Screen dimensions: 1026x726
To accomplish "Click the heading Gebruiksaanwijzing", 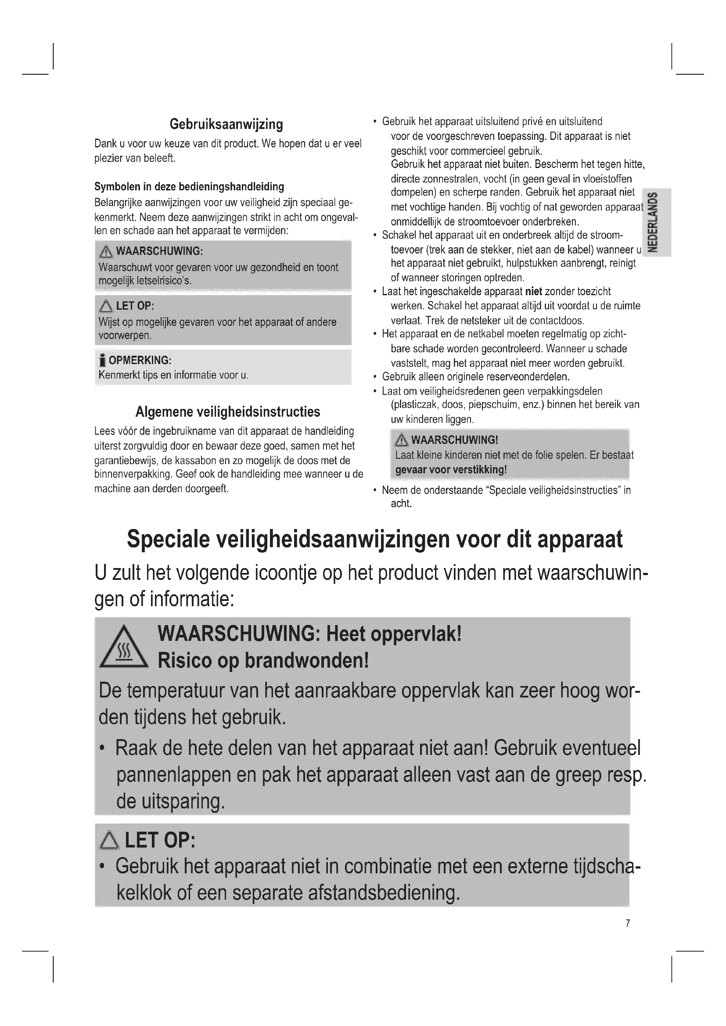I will click(x=226, y=124).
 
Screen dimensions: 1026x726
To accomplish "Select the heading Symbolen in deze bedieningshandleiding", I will click(x=189, y=186).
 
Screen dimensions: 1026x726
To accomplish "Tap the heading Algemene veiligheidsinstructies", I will click(x=227, y=411).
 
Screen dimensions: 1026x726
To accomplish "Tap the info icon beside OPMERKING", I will click(x=102, y=360).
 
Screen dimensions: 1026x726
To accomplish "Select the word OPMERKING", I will click(x=140, y=361).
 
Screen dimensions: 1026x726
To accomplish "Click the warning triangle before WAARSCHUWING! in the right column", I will click(x=402, y=440).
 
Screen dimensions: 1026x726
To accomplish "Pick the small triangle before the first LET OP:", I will click(x=106, y=306).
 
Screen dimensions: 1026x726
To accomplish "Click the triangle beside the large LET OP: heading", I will click(x=109, y=841).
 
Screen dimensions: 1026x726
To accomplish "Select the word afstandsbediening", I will click(x=384, y=893).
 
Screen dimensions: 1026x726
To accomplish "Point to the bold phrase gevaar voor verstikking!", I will click(x=451, y=470).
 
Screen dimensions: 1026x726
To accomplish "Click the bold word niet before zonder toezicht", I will click(x=533, y=292).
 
